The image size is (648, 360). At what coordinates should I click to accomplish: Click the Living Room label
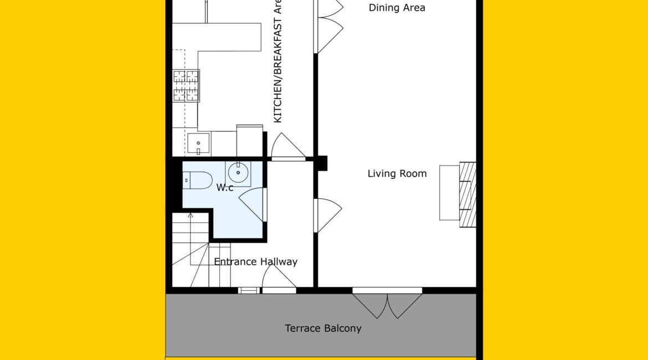click(397, 173)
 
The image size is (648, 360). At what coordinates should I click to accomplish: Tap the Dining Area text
click(397, 8)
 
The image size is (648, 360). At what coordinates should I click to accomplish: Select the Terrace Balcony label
click(323, 328)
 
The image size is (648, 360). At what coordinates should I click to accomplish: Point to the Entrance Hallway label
click(256, 261)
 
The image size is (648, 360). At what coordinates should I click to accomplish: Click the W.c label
click(225, 188)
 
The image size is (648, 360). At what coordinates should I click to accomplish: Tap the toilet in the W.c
click(197, 180)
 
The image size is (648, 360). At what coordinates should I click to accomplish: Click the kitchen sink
click(198, 143)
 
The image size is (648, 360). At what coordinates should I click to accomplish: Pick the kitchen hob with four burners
click(186, 86)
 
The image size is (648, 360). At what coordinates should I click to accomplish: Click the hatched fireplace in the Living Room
click(468, 194)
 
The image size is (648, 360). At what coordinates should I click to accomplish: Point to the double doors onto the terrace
click(387, 304)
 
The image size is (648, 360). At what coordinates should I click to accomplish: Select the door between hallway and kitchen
click(289, 147)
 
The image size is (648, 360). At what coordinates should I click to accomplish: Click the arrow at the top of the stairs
click(190, 215)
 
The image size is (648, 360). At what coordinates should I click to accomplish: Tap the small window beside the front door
click(249, 291)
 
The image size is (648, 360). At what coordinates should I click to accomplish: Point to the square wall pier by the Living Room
click(321, 163)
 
